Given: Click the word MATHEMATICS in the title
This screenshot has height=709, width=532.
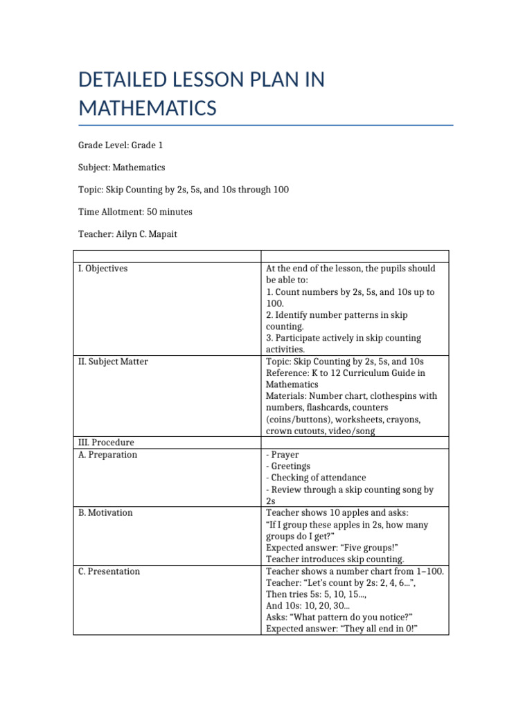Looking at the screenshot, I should point(148,109).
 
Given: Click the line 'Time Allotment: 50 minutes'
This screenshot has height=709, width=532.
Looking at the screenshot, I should point(135,212).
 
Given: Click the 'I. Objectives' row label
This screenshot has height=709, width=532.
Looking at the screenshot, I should point(103,269).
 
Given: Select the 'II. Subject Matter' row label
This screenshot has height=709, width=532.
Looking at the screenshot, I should point(113,361).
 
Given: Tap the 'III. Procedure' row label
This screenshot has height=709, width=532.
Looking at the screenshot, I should point(106,442).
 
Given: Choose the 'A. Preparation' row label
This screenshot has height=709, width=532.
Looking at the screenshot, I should point(107,455).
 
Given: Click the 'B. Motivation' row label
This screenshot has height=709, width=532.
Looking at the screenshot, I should point(105,513).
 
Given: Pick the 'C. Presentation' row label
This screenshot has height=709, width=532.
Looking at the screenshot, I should point(109,571).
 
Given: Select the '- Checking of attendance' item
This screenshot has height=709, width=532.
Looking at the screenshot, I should point(316,478).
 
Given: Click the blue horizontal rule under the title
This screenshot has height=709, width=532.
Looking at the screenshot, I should point(266,125).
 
